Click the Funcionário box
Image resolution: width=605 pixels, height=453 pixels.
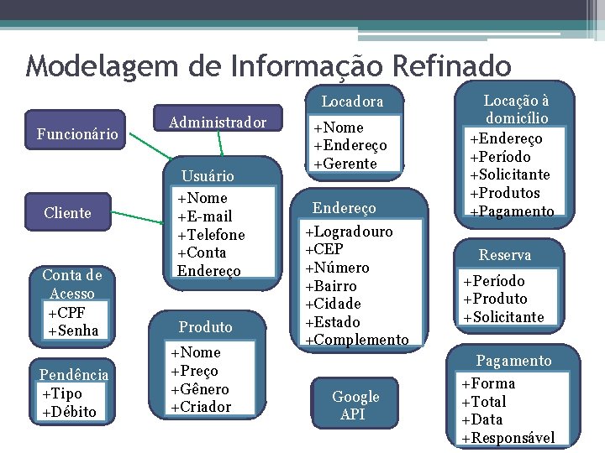click(x=77, y=133)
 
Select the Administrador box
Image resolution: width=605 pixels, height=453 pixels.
click(x=218, y=122)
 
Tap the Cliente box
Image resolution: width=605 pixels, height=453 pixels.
click(x=68, y=213)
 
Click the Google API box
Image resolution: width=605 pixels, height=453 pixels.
click(x=355, y=405)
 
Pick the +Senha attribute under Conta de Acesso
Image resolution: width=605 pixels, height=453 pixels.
click(x=73, y=331)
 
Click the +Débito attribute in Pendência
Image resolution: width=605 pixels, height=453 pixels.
click(x=68, y=412)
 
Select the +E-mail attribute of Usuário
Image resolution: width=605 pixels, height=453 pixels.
click(x=204, y=216)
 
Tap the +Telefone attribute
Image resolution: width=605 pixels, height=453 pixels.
click(x=211, y=235)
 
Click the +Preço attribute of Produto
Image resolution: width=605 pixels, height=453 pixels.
click(x=194, y=371)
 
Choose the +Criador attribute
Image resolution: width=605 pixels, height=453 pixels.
click(x=200, y=407)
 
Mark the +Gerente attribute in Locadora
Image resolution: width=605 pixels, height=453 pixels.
click(x=345, y=164)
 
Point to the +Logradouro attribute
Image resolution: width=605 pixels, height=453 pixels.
click(x=349, y=232)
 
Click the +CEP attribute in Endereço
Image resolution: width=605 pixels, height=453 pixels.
click(x=324, y=250)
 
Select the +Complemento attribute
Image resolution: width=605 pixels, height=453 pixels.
click(x=356, y=340)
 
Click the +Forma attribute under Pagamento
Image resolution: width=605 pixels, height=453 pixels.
click(x=488, y=383)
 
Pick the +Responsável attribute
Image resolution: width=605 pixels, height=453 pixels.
click(x=508, y=438)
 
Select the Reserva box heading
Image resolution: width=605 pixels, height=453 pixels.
click(x=505, y=255)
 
